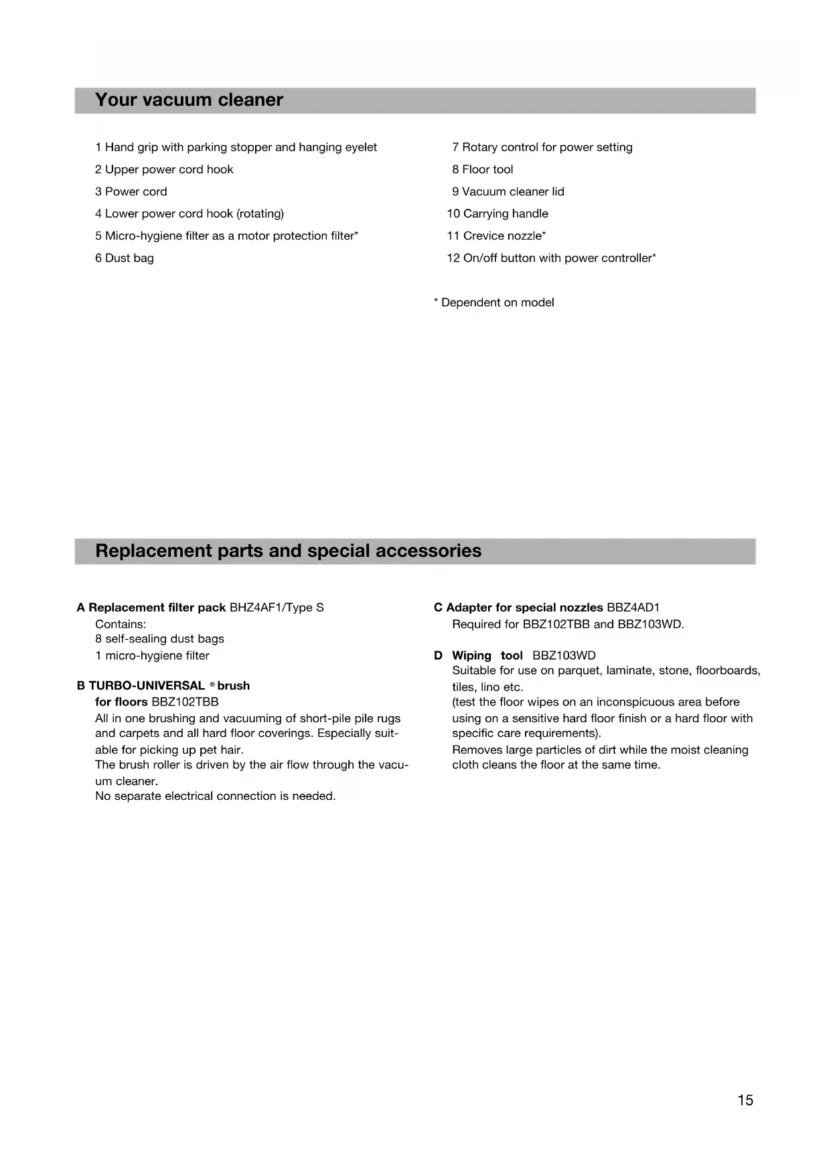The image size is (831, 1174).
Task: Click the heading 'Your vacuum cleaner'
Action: (189, 100)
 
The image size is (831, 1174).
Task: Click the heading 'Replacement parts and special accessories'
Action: (288, 551)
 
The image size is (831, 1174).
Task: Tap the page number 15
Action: (745, 1100)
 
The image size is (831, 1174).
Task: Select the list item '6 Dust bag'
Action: (125, 258)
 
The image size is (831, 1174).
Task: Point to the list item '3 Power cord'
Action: (131, 191)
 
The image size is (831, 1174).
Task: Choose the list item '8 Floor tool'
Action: (482, 169)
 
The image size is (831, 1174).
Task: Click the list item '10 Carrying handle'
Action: (498, 214)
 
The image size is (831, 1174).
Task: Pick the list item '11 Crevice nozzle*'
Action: (496, 236)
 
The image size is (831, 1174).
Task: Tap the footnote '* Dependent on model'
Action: (494, 303)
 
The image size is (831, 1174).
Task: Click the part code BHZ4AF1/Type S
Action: (277, 608)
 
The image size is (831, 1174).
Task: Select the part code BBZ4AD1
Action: (633, 608)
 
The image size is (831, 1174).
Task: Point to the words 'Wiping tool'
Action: (487, 655)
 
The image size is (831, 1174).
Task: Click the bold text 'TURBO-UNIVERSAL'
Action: (147, 685)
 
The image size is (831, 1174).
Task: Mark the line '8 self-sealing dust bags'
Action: (159, 639)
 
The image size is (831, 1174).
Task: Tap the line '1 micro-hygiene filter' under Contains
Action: (152, 655)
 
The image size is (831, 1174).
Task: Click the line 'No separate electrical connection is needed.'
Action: (216, 796)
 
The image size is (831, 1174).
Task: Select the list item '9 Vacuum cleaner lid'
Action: (508, 191)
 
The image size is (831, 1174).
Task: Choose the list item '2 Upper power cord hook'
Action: (164, 169)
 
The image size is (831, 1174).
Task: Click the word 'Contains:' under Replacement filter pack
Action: (121, 624)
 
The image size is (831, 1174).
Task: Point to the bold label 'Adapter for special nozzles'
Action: (524, 608)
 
